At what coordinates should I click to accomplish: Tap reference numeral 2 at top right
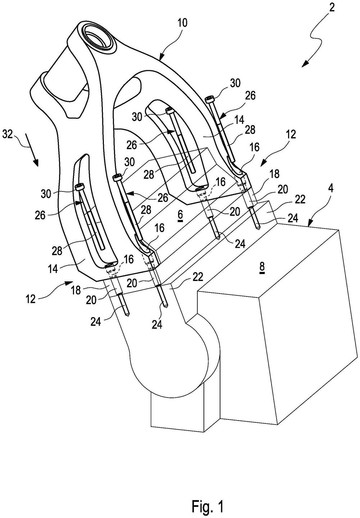click(x=332, y=8)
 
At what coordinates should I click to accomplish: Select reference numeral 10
click(x=182, y=23)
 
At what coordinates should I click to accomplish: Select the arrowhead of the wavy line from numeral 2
click(x=306, y=64)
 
